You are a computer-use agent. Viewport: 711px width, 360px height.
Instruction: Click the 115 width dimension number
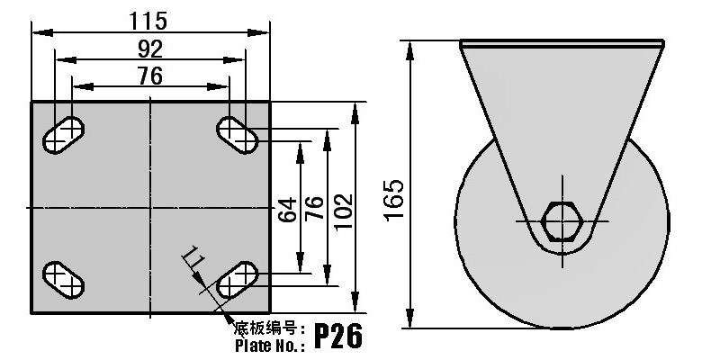(148, 21)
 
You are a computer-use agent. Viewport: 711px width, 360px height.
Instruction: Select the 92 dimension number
(150, 49)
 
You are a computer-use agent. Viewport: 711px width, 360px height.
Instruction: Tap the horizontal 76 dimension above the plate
(150, 76)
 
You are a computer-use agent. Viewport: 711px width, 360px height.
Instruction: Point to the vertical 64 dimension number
(287, 210)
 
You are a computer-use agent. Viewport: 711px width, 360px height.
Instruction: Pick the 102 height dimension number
(343, 211)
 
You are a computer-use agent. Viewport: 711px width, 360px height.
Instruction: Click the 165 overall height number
(394, 201)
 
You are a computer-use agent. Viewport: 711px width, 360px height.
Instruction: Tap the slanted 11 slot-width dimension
(194, 257)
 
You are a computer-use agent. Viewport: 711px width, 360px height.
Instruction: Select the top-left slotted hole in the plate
(64, 135)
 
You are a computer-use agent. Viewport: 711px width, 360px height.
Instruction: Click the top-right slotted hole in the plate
(238, 135)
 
